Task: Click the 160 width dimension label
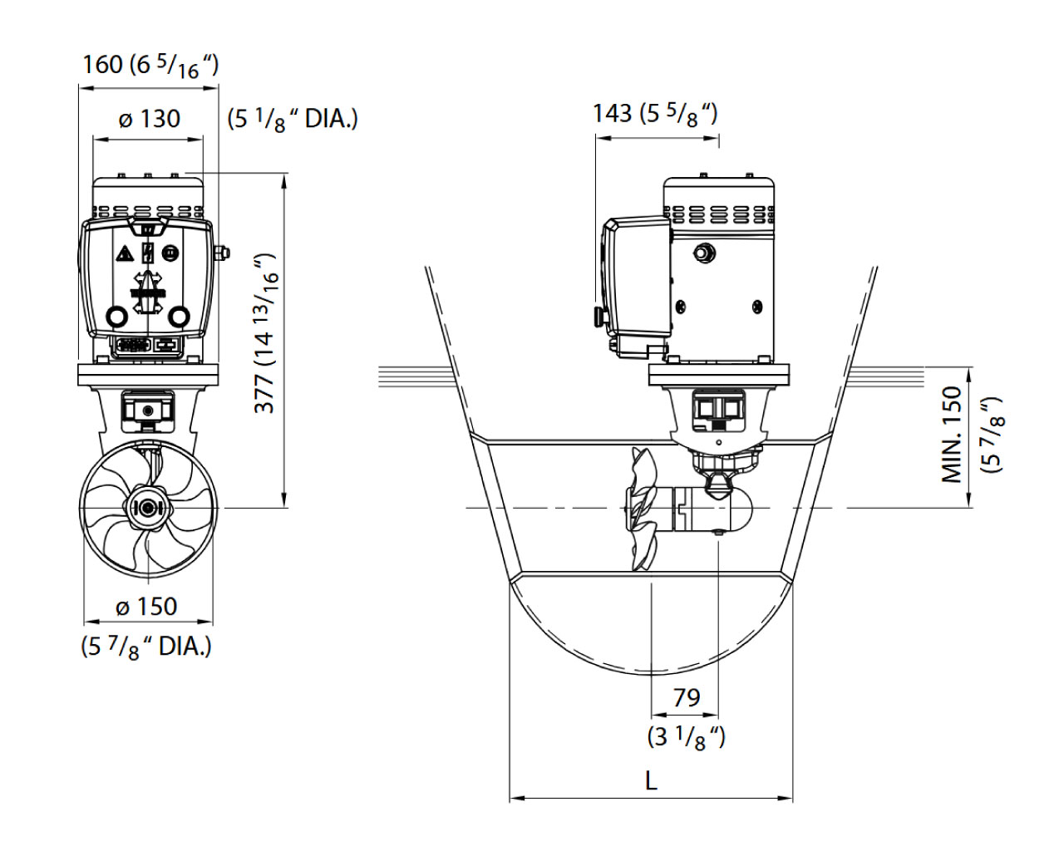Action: click(102, 64)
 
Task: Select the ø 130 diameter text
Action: click(150, 119)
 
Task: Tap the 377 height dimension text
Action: click(265, 391)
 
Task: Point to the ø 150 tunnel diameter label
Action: click(147, 607)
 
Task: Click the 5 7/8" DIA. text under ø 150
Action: click(146, 647)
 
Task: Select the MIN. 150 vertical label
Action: click(953, 434)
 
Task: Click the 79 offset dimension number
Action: click(687, 698)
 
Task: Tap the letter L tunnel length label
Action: click(651, 780)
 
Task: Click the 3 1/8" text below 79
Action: click(687, 736)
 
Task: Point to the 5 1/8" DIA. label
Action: click(293, 119)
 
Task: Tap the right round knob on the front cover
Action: click(180, 316)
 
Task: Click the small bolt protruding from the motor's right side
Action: click(222, 253)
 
